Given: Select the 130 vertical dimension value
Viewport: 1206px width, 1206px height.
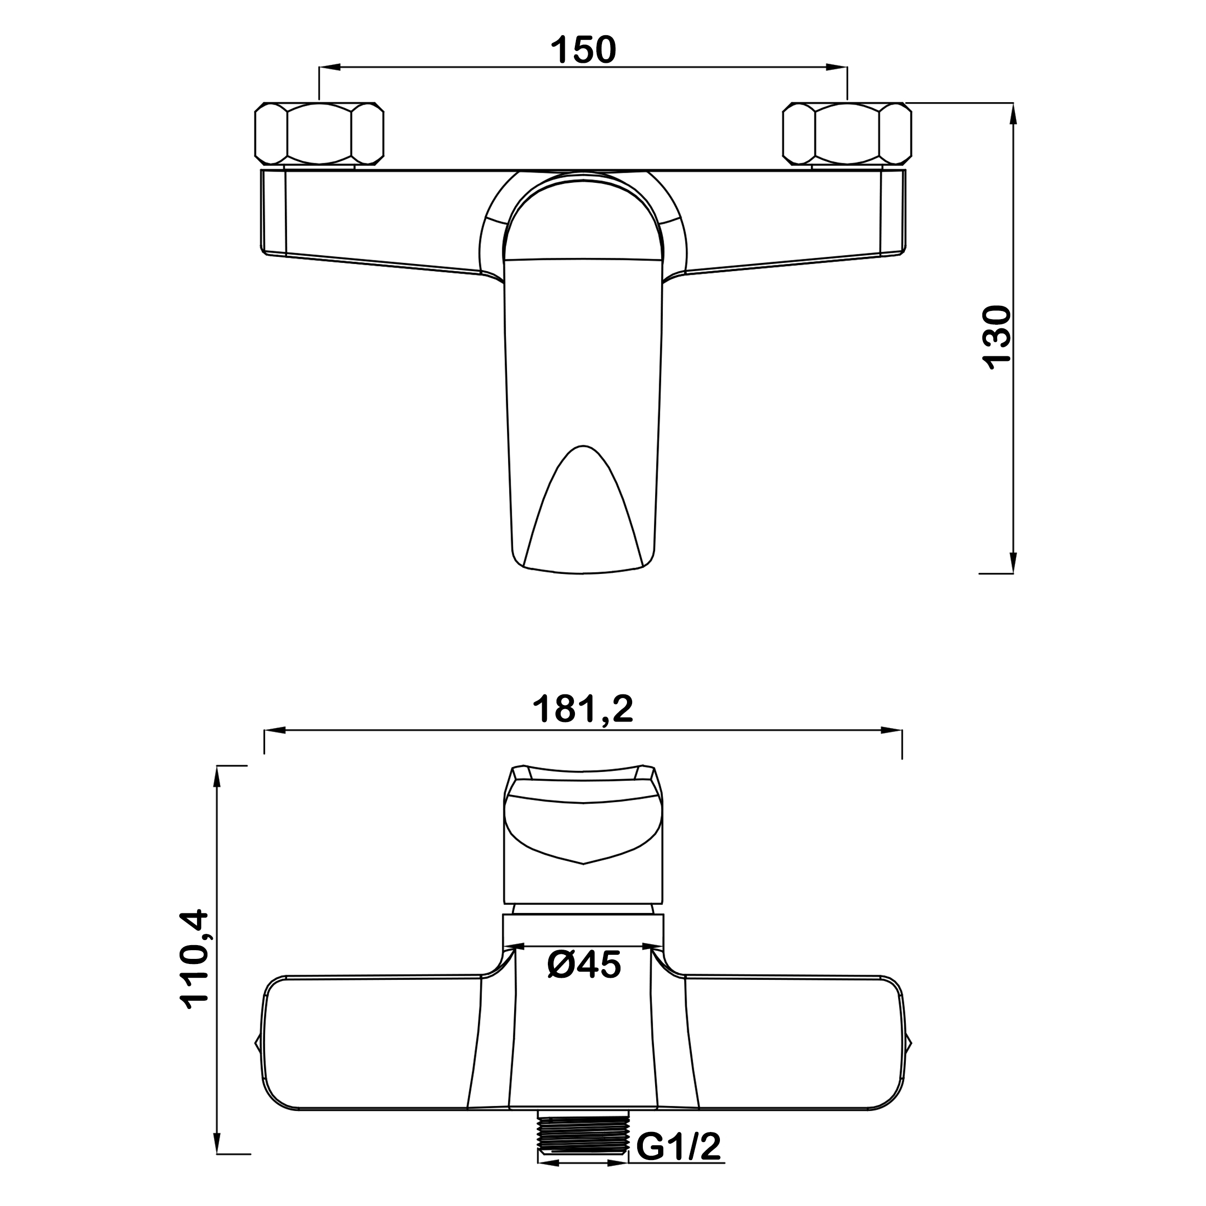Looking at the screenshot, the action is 996,337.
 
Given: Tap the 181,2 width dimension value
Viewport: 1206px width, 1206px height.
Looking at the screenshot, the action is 583,709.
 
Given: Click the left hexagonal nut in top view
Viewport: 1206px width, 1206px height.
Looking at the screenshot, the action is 319,134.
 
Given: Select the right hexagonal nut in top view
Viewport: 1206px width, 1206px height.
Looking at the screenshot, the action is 847,134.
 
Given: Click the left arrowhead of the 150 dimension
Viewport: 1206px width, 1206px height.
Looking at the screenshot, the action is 330,67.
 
